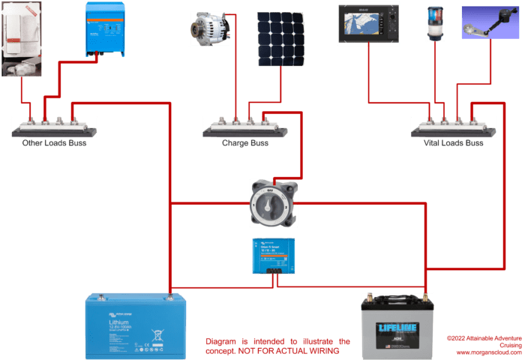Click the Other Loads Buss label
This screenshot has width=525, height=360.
point(53,142)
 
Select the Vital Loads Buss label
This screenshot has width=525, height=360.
point(453,142)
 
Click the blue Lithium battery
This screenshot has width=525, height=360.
point(135,327)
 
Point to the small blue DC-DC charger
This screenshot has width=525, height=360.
point(273,255)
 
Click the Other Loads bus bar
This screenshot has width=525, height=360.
point(53,126)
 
